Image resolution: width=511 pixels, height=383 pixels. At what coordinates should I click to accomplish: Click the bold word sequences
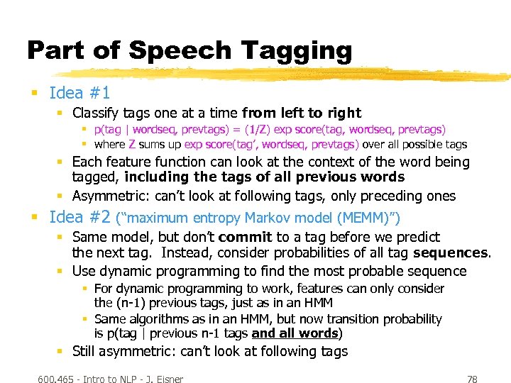click(x=451, y=252)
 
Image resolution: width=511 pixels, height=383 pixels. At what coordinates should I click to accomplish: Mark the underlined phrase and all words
click(x=295, y=333)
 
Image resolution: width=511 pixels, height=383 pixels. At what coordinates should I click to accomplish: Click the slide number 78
click(x=471, y=379)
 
